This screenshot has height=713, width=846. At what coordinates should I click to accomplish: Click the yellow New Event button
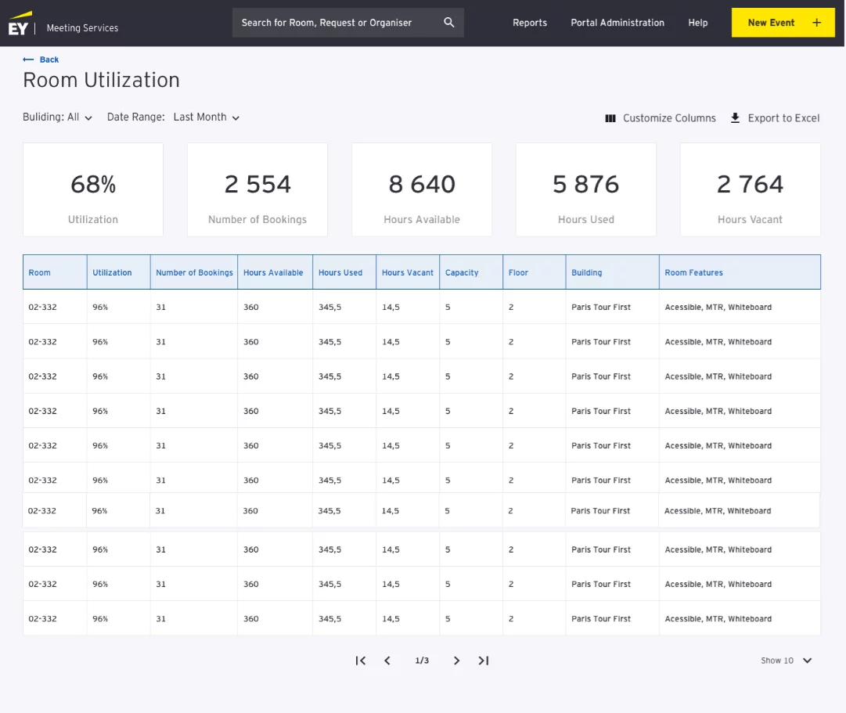pyautogui.click(x=783, y=23)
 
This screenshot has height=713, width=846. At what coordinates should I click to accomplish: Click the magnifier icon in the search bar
pyautogui.click(x=448, y=23)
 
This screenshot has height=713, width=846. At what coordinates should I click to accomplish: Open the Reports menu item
pyautogui.click(x=530, y=23)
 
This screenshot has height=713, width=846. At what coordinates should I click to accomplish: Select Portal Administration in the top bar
pyautogui.click(x=617, y=23)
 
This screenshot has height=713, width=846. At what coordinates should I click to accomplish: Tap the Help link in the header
pyautogui.click(x=698, y=23)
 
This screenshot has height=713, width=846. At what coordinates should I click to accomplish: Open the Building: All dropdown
pyautogui.click(x=58, y=117)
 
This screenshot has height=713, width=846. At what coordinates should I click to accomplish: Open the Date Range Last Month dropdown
pyautogui.click(x=206, y=117)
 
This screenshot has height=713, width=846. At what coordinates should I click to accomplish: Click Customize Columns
pyautogui.click(x=661, y=118)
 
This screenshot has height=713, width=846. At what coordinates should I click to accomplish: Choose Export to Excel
pyautogui.click(x=775, y=118)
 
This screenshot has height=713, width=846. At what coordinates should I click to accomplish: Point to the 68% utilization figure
pyautogui.click(x=93, y=185)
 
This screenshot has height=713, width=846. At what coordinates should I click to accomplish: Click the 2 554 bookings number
pyautogui.click(x=257, y=185)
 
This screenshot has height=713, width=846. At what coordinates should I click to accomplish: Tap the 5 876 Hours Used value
pyautogui.click(x=585, y=185)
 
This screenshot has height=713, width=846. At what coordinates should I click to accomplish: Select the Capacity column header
pyautogui.click(x=462, y=272)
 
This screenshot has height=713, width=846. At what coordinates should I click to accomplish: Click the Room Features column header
pyautogui.click(x=693, y=272)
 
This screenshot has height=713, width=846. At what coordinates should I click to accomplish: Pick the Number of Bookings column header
pyautogui.click(x=194, y=272)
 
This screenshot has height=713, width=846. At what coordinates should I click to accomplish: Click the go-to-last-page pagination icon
pyautogui.click(x=484, y=661)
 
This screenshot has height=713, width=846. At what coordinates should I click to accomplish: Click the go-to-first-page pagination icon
pyautogui.click(x=360, y=661)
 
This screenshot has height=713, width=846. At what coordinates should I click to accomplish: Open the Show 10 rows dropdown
pyautogui.click(x=787, y=661)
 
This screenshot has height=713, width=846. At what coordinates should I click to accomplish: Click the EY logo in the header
pyautogui.click(x=20, y=25)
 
